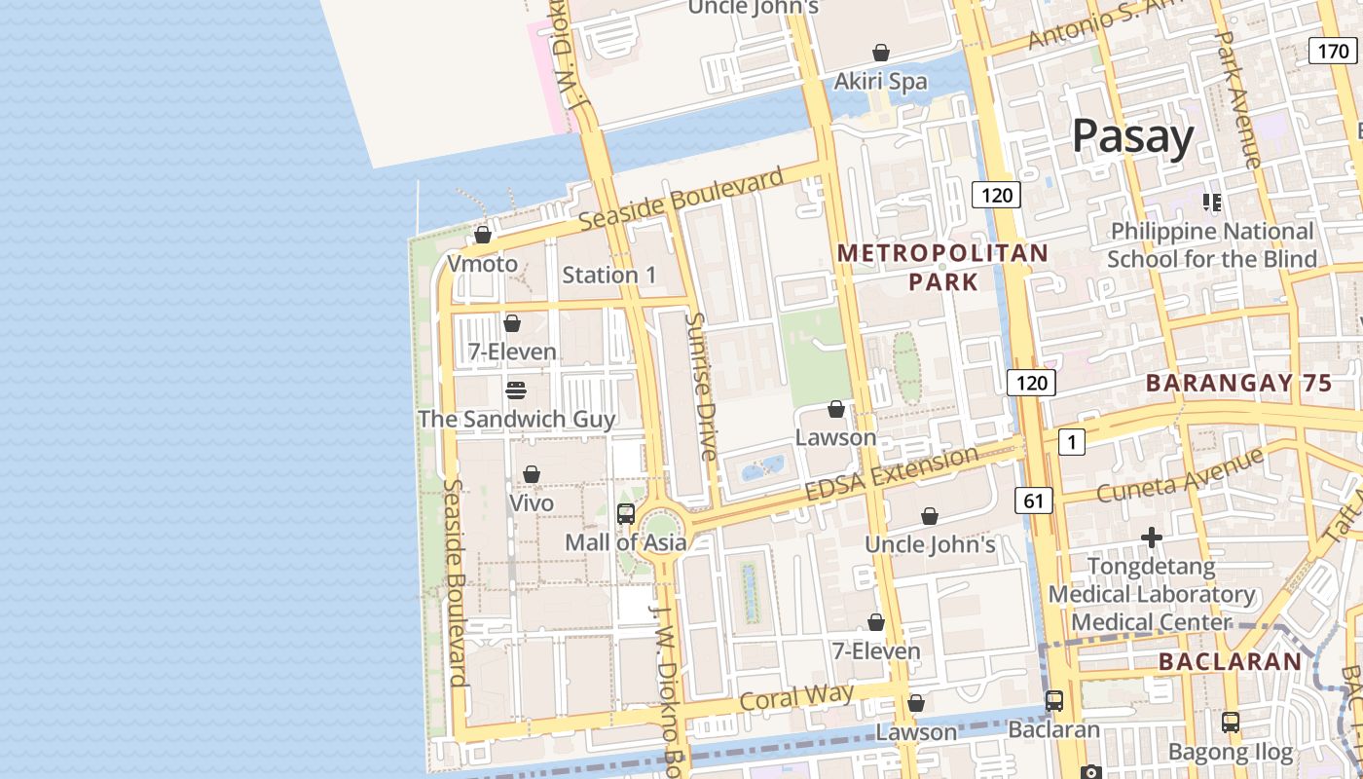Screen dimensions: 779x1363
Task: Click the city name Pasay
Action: (x=1132, y=137)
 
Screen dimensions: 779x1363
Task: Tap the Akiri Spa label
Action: (x=880, y=82)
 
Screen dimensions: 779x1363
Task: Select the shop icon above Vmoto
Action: (x=482, y=235)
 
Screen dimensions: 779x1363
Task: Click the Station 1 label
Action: (x=609, y=275)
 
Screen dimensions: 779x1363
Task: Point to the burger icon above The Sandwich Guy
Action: (x=516, y=390)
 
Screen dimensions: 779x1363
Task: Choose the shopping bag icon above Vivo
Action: (x=532, y=474)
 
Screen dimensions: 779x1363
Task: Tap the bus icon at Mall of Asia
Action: (x=626, y=514)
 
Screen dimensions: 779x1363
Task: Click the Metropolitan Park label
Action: (x=942, y=268)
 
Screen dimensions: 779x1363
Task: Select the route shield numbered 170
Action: (x=1331, y=51)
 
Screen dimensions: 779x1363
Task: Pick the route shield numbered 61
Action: (x=1033, y=501)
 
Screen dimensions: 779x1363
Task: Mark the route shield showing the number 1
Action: (x=1071, y=443)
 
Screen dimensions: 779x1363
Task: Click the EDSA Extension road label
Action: (x=892, y=474)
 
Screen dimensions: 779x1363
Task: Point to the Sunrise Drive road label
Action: (x=701, y=386)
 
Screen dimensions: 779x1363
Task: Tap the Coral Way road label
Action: (x=796, y=697)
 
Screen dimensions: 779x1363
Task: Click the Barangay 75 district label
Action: (x=1238, y=383)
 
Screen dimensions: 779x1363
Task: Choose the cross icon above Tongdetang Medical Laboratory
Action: (x=1152, y=538)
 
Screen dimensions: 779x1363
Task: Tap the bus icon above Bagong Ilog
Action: (x=1231, y=723)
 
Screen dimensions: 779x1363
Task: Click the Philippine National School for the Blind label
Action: (x=1211, y=244)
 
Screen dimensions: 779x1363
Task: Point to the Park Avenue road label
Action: (x=1238, y=97)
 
